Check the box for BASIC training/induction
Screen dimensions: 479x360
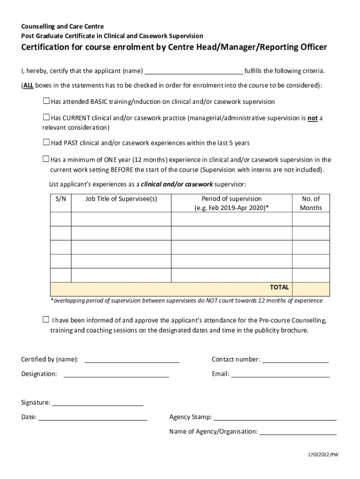46,101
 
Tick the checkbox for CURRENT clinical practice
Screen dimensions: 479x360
46,117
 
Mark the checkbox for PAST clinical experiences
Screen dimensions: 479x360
46,142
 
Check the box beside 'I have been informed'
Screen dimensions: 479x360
46,320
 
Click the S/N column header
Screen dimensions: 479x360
61,199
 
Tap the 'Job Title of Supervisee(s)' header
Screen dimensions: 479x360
121,199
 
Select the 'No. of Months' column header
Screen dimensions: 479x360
311,203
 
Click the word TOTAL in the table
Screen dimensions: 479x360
279,287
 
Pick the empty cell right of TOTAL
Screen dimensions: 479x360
311,289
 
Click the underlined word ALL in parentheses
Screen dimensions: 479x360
28,86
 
